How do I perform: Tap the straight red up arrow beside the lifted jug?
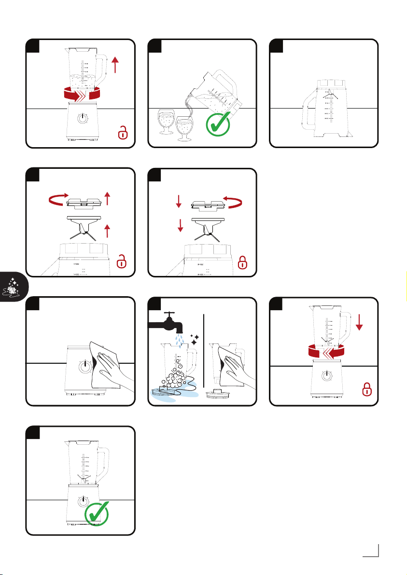coord(115,64)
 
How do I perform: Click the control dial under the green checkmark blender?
coord(84,500)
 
